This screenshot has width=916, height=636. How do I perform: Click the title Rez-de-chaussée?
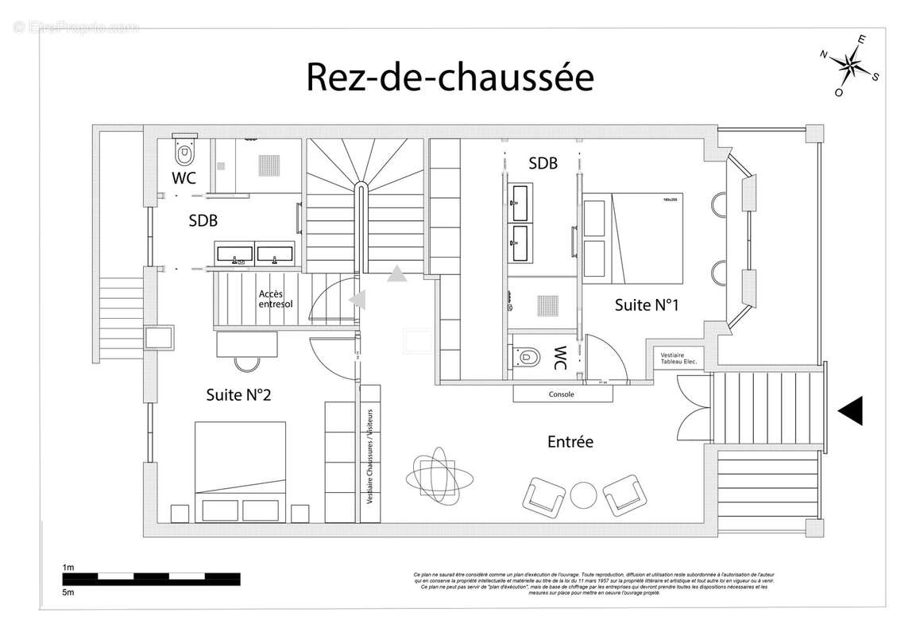450,77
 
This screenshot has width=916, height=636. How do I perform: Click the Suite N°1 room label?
646,304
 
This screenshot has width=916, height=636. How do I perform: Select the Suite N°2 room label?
238,394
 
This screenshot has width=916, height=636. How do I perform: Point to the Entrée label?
570,442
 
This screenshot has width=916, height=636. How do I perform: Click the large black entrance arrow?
850,410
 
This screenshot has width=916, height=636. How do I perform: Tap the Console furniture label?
561,394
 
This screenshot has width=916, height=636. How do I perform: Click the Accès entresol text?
276,299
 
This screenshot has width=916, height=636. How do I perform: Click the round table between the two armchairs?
584,494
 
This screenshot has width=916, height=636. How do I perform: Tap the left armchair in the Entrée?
544,495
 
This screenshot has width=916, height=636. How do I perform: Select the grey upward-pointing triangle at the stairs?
396,275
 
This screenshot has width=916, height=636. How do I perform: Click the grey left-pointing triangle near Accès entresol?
359,300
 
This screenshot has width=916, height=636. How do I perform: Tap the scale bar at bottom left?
151,578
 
